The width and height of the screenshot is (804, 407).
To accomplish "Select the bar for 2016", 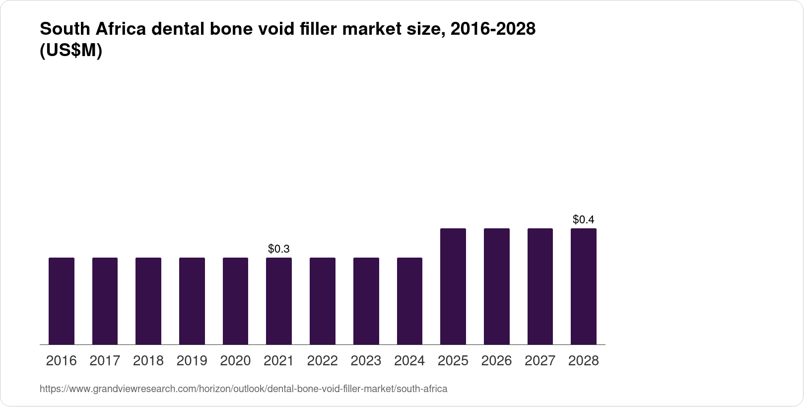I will click(x=62, y=301).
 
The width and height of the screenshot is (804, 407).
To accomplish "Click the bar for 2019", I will click(x=192, y=301).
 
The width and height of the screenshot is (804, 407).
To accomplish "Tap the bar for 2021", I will click(x=279, y=301).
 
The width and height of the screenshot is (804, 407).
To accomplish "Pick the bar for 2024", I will click(x=409, y=301).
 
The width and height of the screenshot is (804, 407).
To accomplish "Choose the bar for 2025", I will click(x=453, y=286).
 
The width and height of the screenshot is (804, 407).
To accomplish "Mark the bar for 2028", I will click(x=584, y=286).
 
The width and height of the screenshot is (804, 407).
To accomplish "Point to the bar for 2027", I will click(x=540, y=286).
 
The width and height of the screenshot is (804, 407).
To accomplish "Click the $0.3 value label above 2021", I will click(x=279, y=249).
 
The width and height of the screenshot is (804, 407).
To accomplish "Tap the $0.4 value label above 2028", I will click(x=584, y=219).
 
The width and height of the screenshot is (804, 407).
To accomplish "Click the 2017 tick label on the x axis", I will click(x=105, y=361).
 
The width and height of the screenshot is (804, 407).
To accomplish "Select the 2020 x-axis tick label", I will click(x=235, y=361).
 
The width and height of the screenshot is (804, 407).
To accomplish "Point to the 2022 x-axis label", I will click(x=323, y=361).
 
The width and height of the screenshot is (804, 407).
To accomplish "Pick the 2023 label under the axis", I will click(x=366, y=361).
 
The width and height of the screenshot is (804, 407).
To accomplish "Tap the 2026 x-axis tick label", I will click(x=497, y=361).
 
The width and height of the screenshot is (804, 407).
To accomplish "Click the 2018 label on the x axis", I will click(x=148, y=361).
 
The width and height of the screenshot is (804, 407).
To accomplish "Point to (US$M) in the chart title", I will click(x=71, y=51).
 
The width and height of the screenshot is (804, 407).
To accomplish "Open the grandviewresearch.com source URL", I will click(x=243, y=389).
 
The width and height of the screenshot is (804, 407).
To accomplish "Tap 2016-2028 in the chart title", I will click(x=492, y=29).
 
